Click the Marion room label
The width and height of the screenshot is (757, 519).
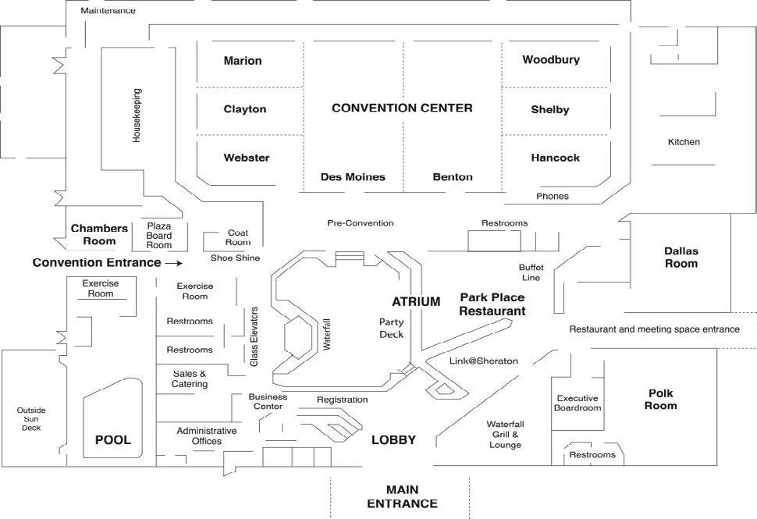[x=243, y=61]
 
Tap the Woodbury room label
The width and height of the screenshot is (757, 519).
[x=551, y=59]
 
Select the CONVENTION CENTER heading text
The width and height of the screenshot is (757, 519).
[x=402, y=108]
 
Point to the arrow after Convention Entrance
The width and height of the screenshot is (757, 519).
[x=174, y=263]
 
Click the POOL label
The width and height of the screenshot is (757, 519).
[x=113, y=440]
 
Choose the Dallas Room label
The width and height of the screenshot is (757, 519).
[x=681, y=258]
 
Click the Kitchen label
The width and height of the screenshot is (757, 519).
[x=684, y=142]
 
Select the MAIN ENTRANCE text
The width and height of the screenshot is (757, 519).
[x=402, y=497]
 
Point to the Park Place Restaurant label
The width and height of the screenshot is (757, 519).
[x=492, y=304]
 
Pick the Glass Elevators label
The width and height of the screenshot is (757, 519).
[x=254, y=337]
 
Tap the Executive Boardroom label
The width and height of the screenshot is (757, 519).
[x=578, y=403]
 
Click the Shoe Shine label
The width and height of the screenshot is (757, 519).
[x=235, y=258]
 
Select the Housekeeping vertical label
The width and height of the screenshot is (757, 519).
[x=136, y=115]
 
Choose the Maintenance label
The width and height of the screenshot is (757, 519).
[x=108, y=11]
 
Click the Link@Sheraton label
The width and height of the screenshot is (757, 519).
[x=484, y=361]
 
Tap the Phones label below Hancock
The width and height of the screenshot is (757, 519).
[x=553, y=196]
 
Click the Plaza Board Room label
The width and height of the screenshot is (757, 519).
[x=159, y=235]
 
